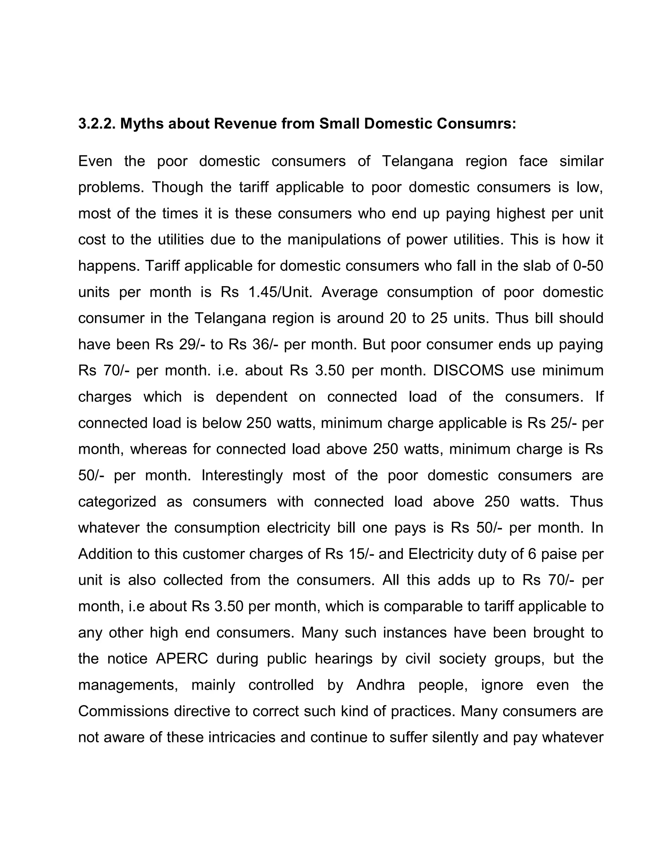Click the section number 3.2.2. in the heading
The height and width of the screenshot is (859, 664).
[x=96, y=124]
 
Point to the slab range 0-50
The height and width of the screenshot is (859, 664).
[x=588, y=266]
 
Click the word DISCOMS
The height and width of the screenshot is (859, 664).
[x=468, y=371]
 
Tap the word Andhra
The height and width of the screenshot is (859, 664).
[x=380, y=685]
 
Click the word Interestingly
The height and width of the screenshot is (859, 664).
[x=242, y=476]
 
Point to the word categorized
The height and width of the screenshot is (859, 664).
[x=117, y=501]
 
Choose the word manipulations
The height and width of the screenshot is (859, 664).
[x=334, y=240]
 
